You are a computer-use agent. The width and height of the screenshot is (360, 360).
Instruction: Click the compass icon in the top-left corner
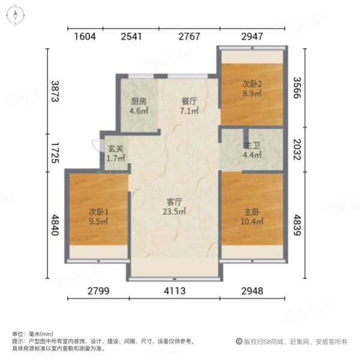(x=14, y=16)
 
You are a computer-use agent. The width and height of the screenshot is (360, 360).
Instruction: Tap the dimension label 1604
(x=85, y=36)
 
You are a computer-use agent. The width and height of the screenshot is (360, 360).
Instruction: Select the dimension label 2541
(x=131, y=36)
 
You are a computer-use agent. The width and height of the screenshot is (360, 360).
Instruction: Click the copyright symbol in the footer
(x=239, y=341)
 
